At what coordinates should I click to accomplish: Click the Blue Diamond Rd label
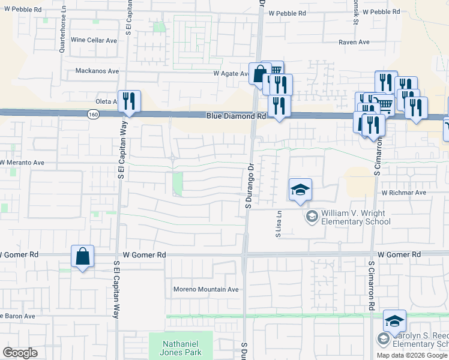[x=237, y=116]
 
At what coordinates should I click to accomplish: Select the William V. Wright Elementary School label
[x=355, y=217]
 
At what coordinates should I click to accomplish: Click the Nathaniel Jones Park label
[x=181, y=349]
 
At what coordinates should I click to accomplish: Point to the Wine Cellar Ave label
[x=94, y=40]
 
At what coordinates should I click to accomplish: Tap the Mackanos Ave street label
[x=97, y=71]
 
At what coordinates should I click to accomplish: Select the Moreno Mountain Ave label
[x=206, y=289]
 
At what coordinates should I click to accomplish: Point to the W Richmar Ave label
[x=403, y=193]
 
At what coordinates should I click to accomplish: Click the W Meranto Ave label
[x=22, y=163]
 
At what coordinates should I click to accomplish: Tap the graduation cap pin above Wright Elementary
[x=300, y=190]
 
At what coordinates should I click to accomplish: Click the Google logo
[x=20, y=353]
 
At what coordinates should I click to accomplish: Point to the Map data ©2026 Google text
[x=412, y=355]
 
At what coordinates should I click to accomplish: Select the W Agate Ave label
[x=231, y=74]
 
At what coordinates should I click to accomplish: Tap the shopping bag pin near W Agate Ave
[x=259, y=74]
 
